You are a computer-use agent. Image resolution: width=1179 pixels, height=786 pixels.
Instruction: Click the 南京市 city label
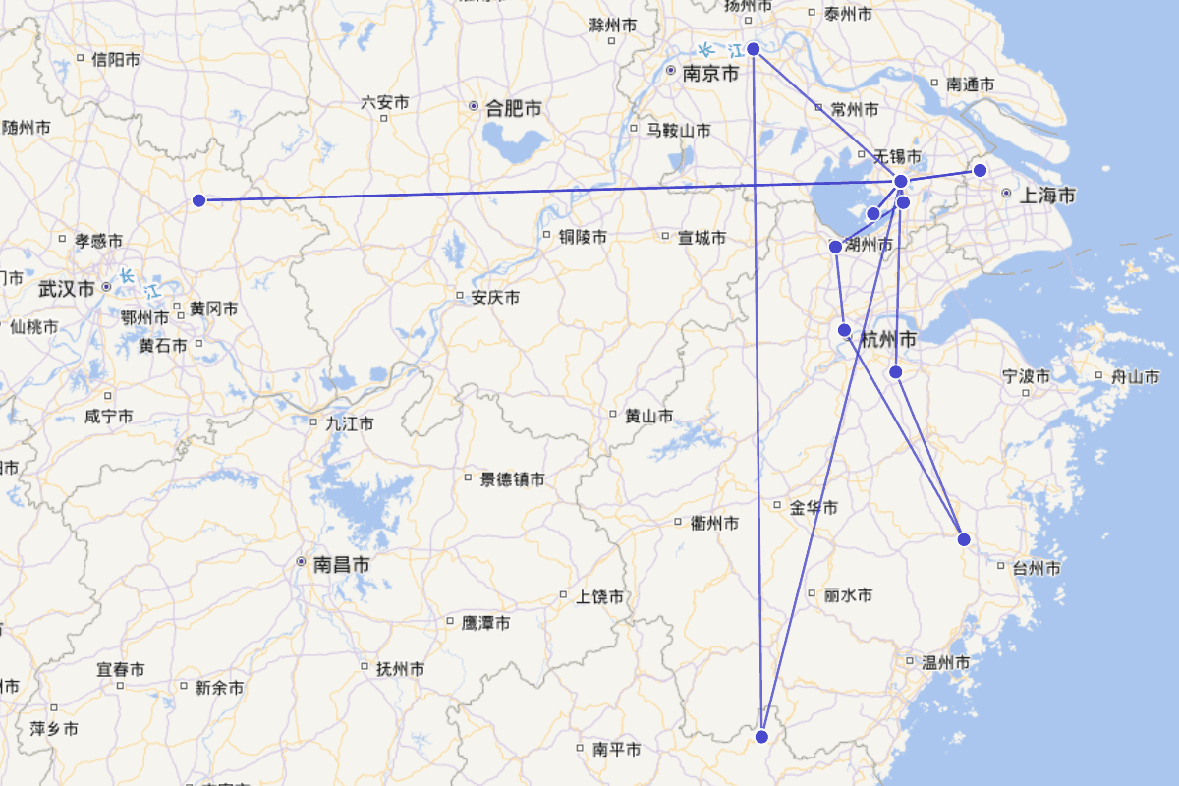tap(710, 73)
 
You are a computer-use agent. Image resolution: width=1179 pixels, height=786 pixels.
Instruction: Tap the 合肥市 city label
tap(513, 108)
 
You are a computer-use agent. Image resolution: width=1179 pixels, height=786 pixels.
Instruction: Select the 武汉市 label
tap(67, 289)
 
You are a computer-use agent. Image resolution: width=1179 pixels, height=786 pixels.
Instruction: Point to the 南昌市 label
tap(342, 565)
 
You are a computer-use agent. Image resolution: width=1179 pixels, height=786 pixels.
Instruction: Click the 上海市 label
tap(1046, 196)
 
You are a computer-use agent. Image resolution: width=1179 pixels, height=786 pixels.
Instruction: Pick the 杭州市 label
tap(888, 340)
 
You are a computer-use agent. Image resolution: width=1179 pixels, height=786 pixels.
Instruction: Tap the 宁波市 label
tap(1026, 376)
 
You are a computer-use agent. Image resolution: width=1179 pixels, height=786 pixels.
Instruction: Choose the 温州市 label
tap(946, 663)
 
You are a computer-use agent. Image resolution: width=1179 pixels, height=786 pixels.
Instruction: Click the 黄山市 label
tap(648, 417)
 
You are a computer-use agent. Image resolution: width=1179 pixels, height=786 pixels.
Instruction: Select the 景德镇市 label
tap(512, 479)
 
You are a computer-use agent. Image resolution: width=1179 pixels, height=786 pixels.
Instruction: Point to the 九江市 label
tap(349, 424)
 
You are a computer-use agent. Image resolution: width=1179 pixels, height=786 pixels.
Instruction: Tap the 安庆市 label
tap(495, 297)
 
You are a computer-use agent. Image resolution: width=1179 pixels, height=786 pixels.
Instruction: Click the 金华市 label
tap(814, 508)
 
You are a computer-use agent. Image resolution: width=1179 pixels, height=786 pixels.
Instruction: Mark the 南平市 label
tap(617, 750)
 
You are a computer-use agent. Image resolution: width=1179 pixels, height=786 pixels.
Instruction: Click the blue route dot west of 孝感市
tap(198, 200)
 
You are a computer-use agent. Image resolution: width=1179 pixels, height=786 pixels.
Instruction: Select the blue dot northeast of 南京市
tap(754, 48)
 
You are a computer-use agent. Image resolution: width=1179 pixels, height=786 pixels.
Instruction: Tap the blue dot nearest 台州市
tap(964, 539)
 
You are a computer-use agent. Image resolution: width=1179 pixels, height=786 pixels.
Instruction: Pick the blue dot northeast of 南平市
tap(762, 737)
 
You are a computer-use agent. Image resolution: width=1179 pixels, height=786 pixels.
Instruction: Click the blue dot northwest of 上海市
tap(980, 170)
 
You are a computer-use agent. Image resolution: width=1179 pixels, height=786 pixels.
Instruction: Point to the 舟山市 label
tap(1135, 377)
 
